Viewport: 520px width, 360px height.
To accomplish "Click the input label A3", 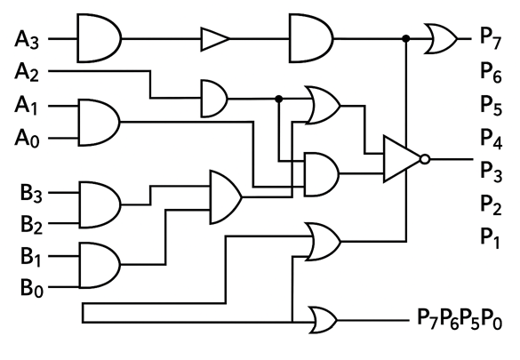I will pyautogui.click(x=26, y=40).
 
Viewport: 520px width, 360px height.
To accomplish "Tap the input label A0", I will pyautogui.click(x=26, y=138).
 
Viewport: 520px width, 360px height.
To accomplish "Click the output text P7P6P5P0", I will pyautogui.click(x=458, y=317).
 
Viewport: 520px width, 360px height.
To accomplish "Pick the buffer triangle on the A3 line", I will pyautogui.click(x=214, y=39).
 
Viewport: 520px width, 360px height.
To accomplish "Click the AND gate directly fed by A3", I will pyautogui.click(x=99, y=39).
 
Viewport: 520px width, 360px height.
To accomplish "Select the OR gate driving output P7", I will pyautogui.click(x=441, y=39).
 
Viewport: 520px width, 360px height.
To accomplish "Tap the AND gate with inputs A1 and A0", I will pyautogui.click(x=99, y=120).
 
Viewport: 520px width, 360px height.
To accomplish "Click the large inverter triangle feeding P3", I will pyautogui.click(x=400, y=160).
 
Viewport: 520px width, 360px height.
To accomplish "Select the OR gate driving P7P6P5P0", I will pyautogui.click(x=322, y=317).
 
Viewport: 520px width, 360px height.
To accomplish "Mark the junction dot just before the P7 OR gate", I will pyautogui.click(x=406, y=39).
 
